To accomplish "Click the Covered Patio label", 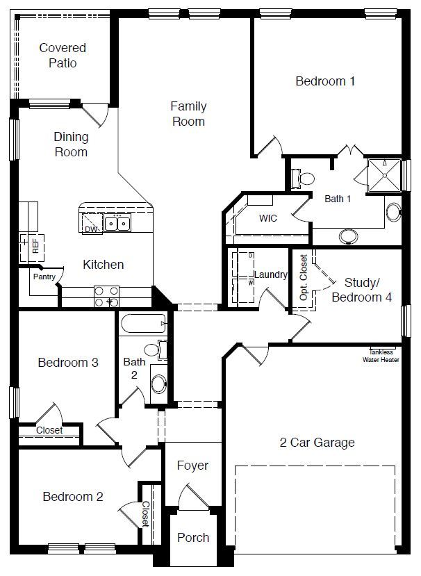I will [x=63, y=56].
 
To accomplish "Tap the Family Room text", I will [x=188, y=114].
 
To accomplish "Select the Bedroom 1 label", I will [x=325, y=81].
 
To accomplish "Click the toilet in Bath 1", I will [x=304, y=179].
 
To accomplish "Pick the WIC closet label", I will [x=267, y=218].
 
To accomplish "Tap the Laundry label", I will [x=270, y=274].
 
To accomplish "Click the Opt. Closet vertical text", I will [x=304, y=278].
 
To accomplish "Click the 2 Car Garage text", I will [x=317, y=443].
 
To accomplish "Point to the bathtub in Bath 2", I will [x=143, y=324].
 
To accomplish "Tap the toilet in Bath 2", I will [x=153, y=349].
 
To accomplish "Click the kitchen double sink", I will [x=117, y=224].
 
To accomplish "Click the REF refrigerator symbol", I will [x=33, y=245].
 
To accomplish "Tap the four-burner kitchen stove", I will [x=106, y=297].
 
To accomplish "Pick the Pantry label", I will [x=44, y=276].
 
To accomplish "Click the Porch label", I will [x=192, y=538].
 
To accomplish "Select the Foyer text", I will [x=192, y=466].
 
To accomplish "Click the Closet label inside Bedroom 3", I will [x=49, y=431].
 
